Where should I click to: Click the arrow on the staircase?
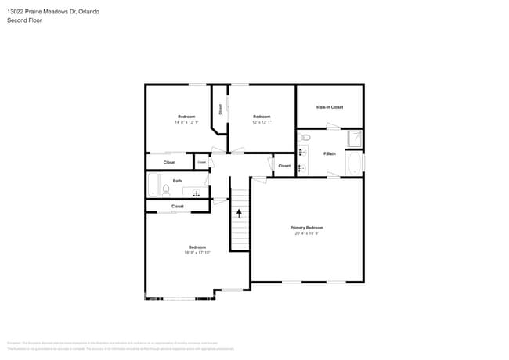click(x=239, y=212)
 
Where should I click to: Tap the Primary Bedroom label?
click(x=307, y=227)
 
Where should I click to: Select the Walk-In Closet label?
click(x=329, y=107)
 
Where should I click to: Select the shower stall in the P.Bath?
click(x=355, y=139)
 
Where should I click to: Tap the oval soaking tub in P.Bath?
click(x=355, y=164)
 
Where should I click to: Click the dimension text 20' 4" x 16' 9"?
click(x=307, y=233)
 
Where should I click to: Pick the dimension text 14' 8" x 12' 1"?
click(x=186, y=122)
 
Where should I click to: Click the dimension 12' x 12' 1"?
click(x=262, y=122)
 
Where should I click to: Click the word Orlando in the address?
click(x=88, y=12)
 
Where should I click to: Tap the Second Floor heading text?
click(x=24, y=20)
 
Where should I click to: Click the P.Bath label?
click(x=330, y=154)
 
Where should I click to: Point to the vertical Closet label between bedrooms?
click(x=220, y=110)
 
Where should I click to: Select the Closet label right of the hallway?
click(x=284, y=166)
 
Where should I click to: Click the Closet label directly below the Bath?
click(x=178, y=206)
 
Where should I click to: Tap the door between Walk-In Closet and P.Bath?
click(x=333, y=128)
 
